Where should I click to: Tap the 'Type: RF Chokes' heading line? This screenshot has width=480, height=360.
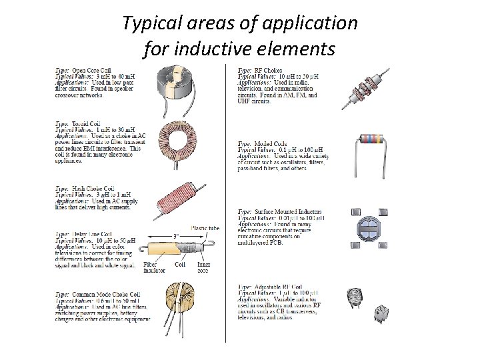[260, 71]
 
